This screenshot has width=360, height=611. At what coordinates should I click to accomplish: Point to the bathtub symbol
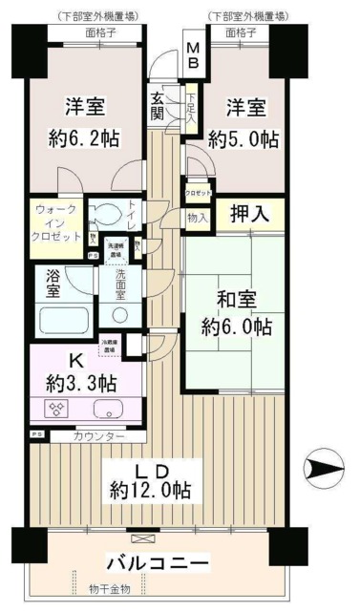61,317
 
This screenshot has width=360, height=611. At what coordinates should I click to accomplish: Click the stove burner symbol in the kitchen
53,409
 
